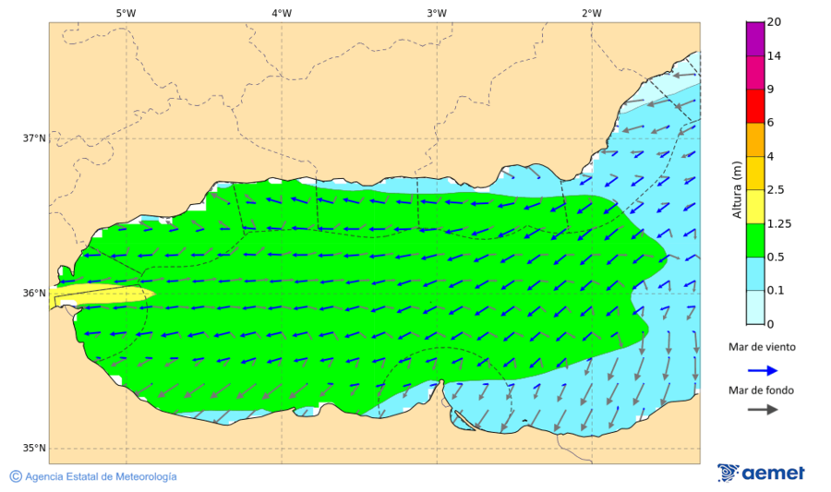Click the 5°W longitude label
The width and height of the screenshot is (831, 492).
pos(126,13)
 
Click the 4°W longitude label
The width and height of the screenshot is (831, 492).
pos(282,13)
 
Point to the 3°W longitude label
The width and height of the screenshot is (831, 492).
pos(437,13)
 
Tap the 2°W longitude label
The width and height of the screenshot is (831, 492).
pos(592,13)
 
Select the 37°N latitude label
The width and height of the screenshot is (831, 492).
pos(34,138)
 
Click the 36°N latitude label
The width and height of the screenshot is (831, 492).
pos(34,294)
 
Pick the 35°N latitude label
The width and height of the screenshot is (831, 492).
pos(34,449)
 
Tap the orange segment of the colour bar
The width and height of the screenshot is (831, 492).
pos(755,139)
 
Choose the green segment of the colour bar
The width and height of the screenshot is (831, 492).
pos(755,240)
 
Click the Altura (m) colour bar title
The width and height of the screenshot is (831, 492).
pos(737,189)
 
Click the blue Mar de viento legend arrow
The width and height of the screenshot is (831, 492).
pos(762,370)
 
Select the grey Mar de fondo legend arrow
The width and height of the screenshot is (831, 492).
pos(762,410)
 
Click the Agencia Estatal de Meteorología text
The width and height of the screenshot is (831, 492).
pos(100,476)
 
